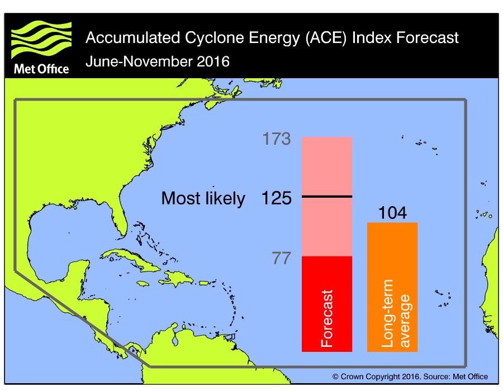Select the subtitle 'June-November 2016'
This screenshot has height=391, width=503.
pyautogui.click(x=157, y=61)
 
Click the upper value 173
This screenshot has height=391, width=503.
pyautogui.click(x=277, y=139)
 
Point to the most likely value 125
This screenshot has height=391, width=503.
pyautogui.click(x=277, y=198)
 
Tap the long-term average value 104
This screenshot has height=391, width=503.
pyautogui.click(x=392, y=213)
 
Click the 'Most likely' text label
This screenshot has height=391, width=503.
pyautogui.click(x=203, y=198)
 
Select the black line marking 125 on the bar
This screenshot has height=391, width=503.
pyautogui.click(x=327, y=197)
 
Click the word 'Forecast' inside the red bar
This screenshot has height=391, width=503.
pyautogui.click(x=328, y=319)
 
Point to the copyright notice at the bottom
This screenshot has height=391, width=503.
pyautogui.click(x=410, y=376)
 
